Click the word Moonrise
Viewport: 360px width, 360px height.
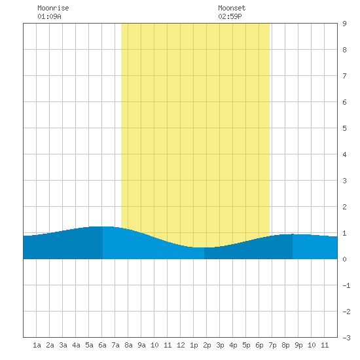coord(53,8)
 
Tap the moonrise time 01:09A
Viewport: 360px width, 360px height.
coord(49,16)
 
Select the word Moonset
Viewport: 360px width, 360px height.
coord(232,8)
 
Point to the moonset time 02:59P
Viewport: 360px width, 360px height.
coord(230,16)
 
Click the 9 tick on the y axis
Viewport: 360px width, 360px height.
coord(344,24)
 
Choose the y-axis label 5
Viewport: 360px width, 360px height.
coord(344,128)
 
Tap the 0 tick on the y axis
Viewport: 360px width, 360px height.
coord(344,259)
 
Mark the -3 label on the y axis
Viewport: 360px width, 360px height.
coord(346,338)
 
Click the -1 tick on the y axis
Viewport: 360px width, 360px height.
coord(346,285)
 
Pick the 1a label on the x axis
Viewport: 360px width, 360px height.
coord(37,345)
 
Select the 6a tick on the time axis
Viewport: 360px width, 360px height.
coord(102,345)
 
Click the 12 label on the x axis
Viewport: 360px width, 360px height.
coord(181,345)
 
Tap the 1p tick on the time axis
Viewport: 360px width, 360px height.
coord(194,345)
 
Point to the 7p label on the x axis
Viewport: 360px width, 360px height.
coord(272,345)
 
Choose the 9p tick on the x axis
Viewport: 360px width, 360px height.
coord(298,345)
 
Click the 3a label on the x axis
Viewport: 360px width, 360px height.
coord(63,345)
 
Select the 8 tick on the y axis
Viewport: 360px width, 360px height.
coord(344,50)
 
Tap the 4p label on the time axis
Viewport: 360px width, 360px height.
coord(233,345)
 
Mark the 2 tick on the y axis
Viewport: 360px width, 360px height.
coord(344,207)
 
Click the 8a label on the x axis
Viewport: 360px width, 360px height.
coord(128,345)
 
